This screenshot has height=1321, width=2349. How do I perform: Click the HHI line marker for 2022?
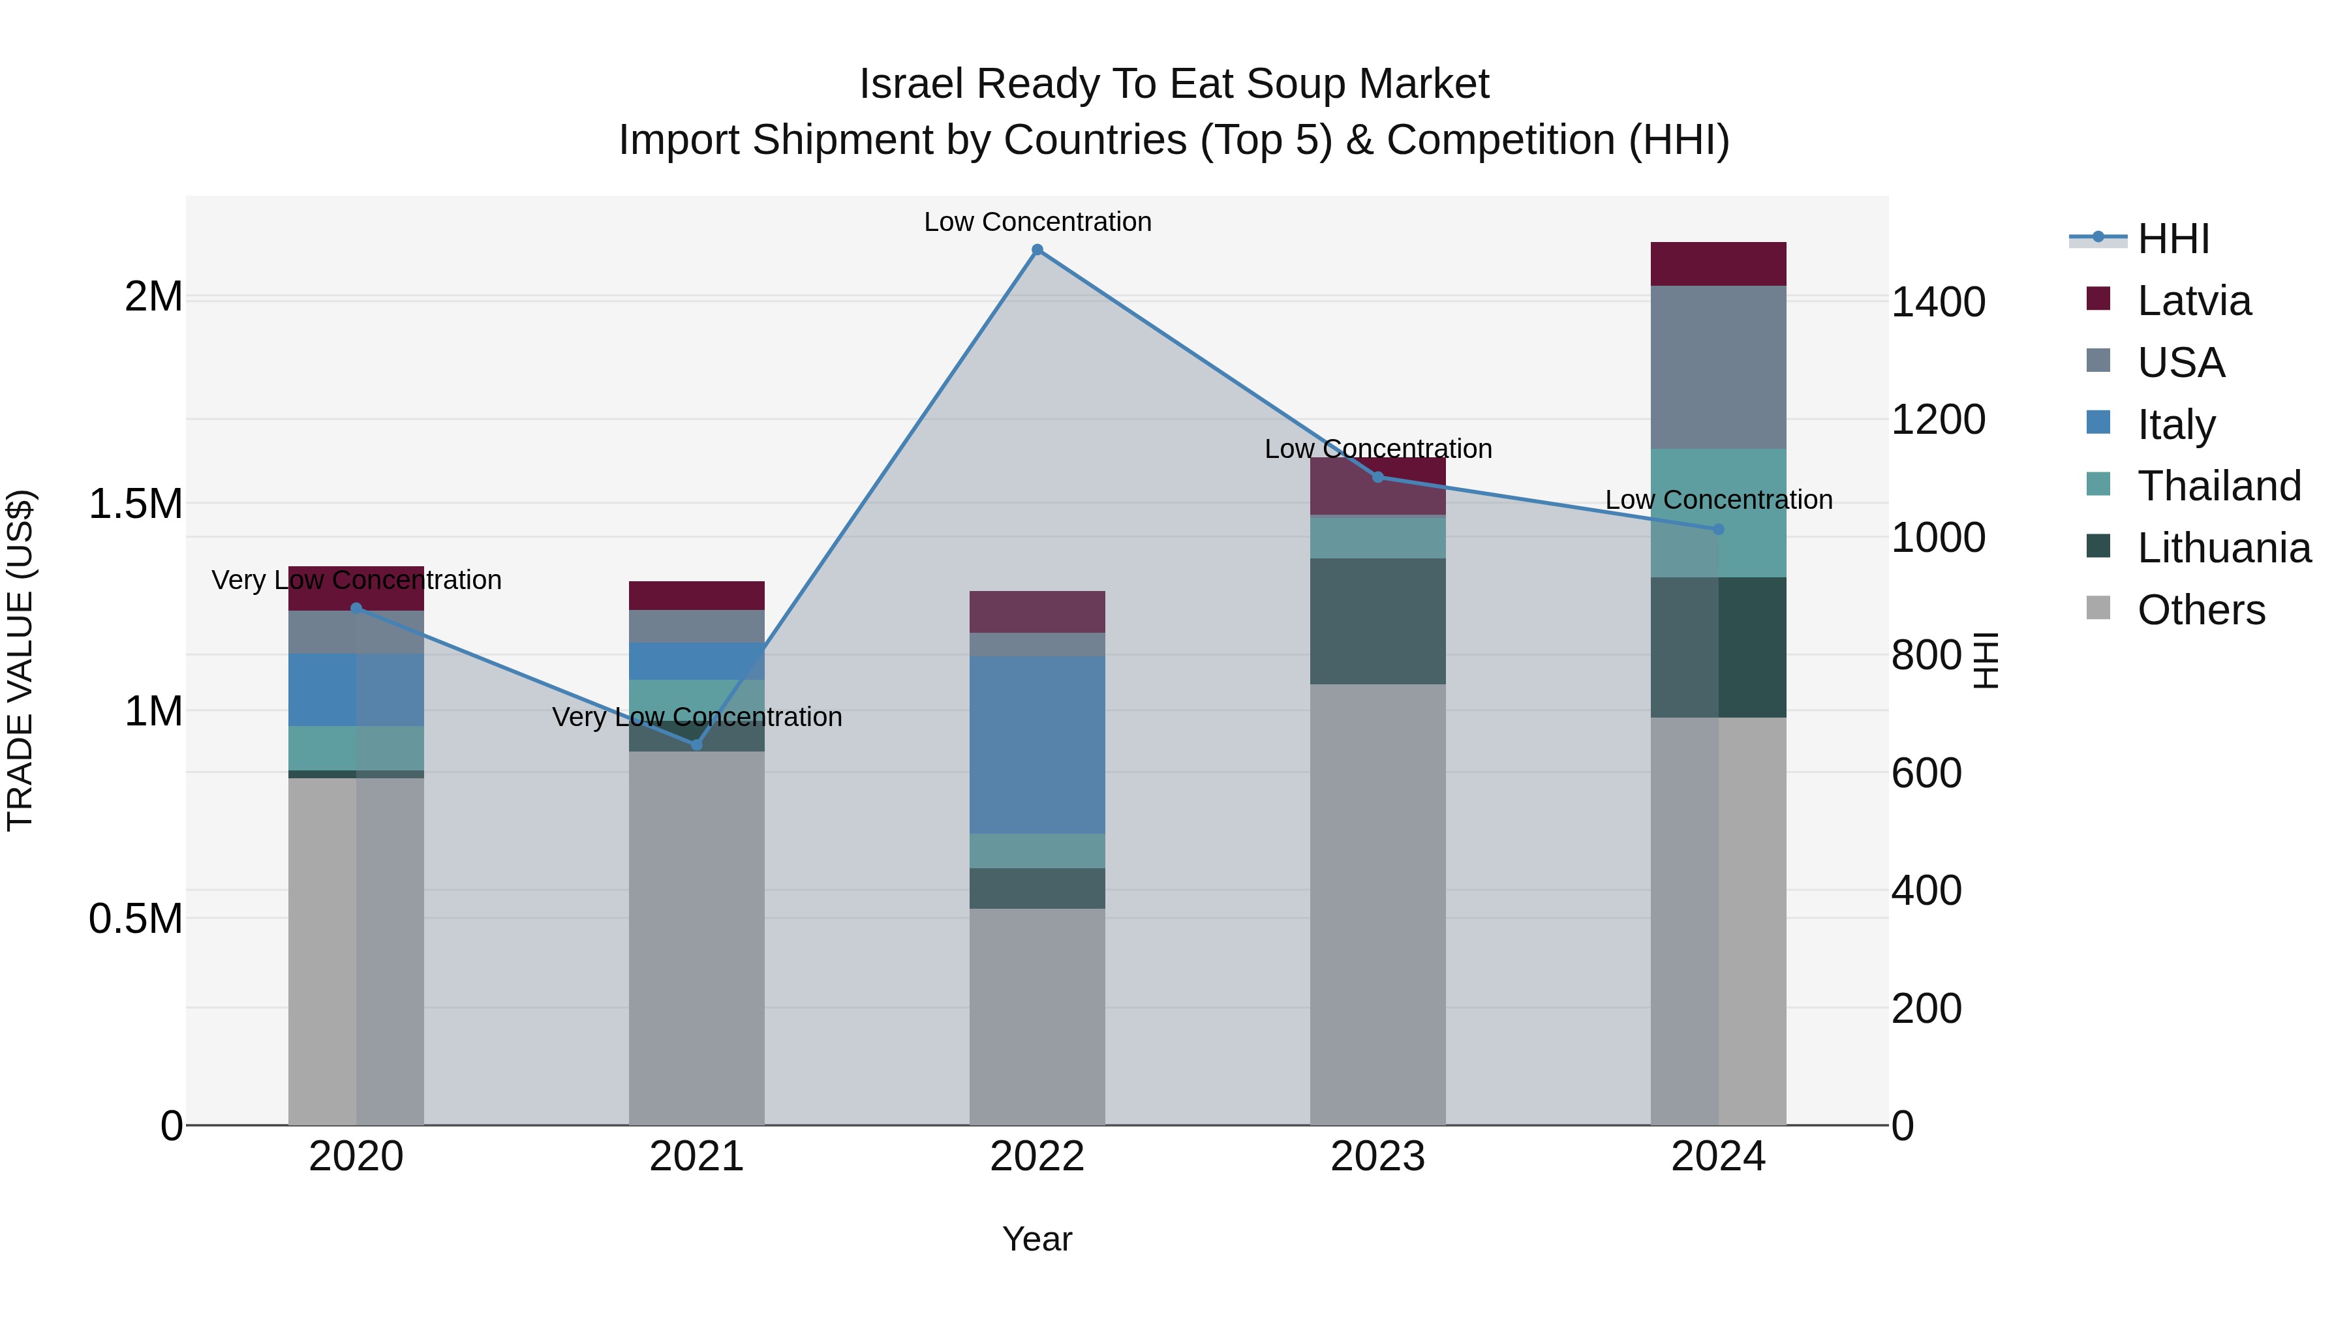pos(1037,250)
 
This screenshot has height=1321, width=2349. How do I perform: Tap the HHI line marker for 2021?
pos(697,745)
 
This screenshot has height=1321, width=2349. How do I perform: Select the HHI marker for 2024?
pos(1718,529)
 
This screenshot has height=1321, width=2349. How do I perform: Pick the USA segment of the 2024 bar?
pos(1718,367)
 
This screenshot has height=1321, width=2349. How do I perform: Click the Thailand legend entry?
pos(2218,486)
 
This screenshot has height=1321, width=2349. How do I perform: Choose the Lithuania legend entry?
pos(2223,548)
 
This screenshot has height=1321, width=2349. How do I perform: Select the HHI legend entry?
pos(2172,239)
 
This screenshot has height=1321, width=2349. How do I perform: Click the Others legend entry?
pos(2200,610)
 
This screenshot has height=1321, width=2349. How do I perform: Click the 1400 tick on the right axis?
pos(1939,302)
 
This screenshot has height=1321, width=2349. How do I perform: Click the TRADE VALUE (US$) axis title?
pos(20,660)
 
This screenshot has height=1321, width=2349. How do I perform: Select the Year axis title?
pos(1037,1239)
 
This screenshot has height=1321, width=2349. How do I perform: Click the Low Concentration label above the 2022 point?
pos(1037,222)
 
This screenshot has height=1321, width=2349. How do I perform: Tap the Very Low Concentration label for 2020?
pos(356,580)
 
